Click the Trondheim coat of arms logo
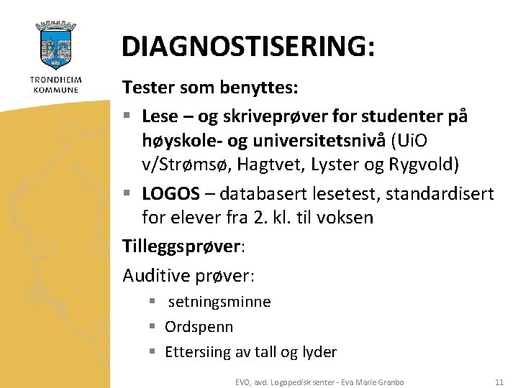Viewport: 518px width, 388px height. coord(55,47)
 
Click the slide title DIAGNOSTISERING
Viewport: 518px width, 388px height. coord(248,46)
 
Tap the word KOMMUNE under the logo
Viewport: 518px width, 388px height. coord(55,90)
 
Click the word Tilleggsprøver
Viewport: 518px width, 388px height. coord(181,246)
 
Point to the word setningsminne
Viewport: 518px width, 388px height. coord(219,302)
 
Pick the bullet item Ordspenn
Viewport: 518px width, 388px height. coord(199,327)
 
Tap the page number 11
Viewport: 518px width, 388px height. coord(499,382)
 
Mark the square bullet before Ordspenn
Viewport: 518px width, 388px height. coord(153,327)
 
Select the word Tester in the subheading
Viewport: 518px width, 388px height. coord(148,88)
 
